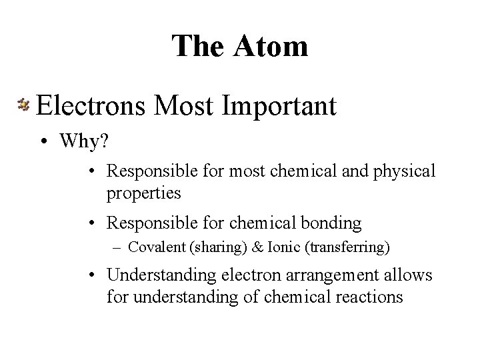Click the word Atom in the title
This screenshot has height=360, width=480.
pyautogui.click(x=273, y=46)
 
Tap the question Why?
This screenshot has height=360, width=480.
pyautogui.click(x=82, y=141)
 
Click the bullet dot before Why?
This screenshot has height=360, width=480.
pyautogui.click(x=43, y=142)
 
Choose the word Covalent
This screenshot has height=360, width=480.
pyautogui.click(x=158, y=247)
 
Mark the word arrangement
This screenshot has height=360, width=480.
pyautogui.click(x=322, y=275)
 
